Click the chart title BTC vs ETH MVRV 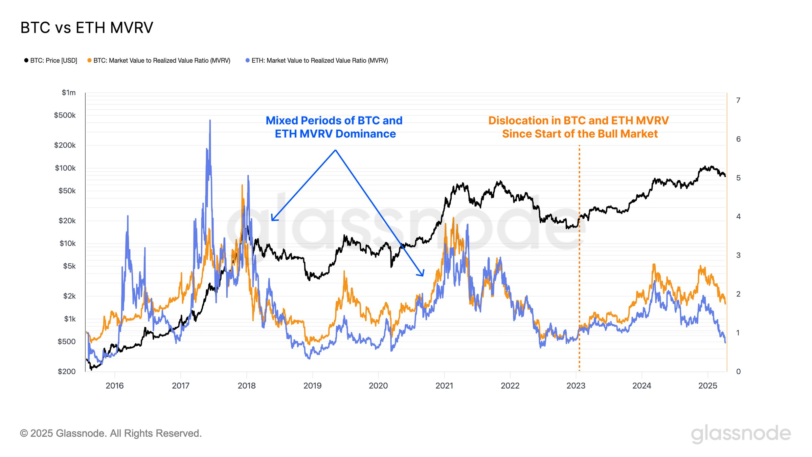pos(87,28)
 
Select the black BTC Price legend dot pos(26,60)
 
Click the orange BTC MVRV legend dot pos(89,60)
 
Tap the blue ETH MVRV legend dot pos(248,60)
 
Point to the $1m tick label pos(69,93)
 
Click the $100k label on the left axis pos(65,168)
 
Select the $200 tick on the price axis pos(67,372)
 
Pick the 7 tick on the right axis pos(738,101)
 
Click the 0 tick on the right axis pos(738,372)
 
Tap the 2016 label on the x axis pos(115,386)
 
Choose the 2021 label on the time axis pos(444,386)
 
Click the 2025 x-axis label pos(708,386)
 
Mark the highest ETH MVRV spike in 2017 pos(210,121)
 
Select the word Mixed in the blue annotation pos(282,121)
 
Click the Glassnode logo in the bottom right pos(741,434)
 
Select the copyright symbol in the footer pos(24,434)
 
